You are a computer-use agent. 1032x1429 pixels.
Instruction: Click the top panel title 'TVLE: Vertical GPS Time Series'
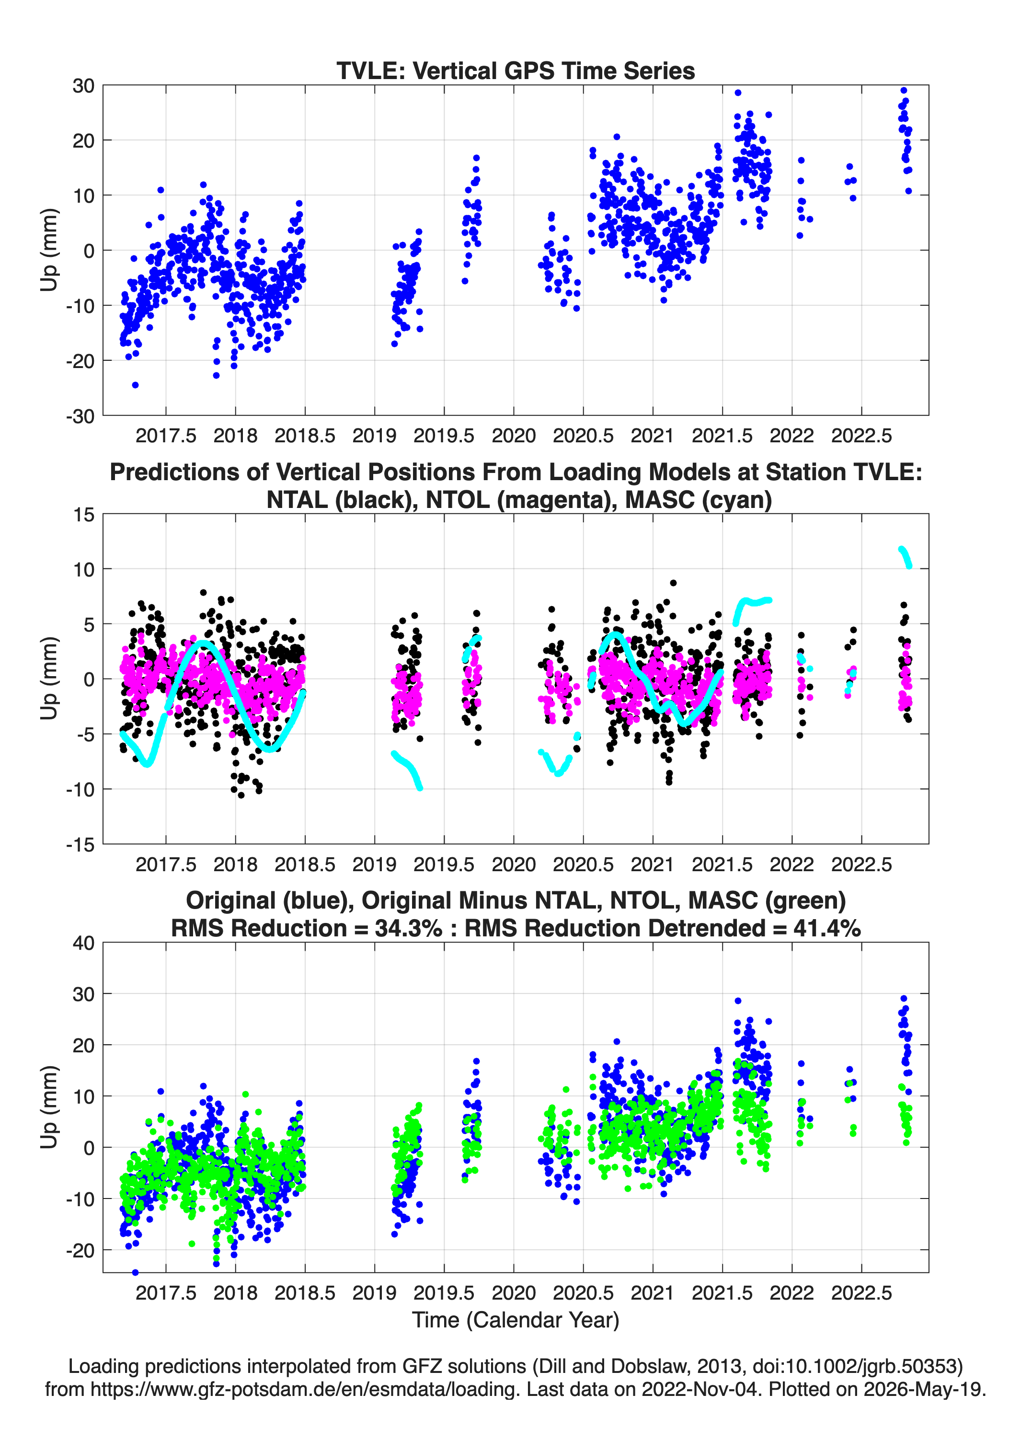click(x=516, y=70)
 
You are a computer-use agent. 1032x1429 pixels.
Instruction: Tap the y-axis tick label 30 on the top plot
click(x=83, y=86)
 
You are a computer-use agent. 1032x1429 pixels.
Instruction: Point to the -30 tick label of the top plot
click(x=80, y=416)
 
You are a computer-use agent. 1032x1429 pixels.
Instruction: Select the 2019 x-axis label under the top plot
click(x=374, y=436)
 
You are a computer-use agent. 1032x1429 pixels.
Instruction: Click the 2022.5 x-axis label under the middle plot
click(x=861, y=864)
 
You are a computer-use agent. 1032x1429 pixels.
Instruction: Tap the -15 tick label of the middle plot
click(x=80, y=845)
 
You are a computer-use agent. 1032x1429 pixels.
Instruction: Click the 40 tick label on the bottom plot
click(x=83, y=943)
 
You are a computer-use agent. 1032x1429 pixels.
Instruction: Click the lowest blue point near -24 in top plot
click(x=135, y=385)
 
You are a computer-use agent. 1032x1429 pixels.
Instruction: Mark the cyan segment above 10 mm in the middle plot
click(x=905, y=557)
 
